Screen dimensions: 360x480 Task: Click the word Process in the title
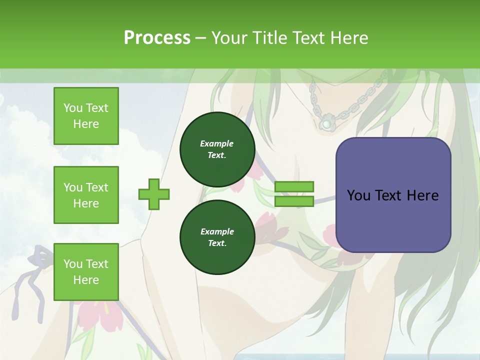157,38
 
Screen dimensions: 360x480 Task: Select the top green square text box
86,116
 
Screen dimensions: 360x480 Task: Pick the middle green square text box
86,195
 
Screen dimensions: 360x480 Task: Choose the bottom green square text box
86,271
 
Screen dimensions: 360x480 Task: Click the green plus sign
154,194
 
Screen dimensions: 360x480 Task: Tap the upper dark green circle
217,149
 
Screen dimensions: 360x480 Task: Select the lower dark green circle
217,237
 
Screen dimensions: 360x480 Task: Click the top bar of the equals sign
294,187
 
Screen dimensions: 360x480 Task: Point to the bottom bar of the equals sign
294,201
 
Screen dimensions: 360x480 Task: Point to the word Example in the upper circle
217,143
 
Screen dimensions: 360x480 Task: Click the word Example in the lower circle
217,231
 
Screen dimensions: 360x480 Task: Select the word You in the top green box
72,108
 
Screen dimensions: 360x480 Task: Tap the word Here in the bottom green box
86,280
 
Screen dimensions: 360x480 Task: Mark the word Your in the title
229,38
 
